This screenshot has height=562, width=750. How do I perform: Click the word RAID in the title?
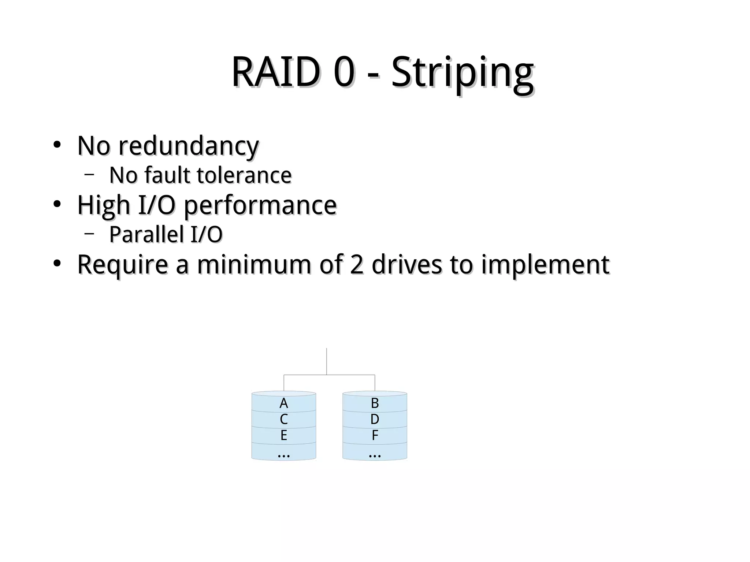click(275, 72)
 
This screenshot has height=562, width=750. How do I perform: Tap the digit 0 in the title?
click(344, 72)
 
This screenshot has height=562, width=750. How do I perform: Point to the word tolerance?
click(244, 175)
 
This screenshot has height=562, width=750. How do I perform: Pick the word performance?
click(260, 206)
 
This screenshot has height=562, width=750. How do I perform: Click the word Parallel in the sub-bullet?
click(146, 234)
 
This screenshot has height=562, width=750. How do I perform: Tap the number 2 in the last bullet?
click(356, 264)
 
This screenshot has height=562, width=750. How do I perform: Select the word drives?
click(406, 264)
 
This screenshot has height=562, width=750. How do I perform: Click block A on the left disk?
click(283, 403)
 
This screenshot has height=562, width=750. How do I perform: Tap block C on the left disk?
click(283, 419)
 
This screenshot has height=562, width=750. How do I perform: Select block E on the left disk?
click(283, 435)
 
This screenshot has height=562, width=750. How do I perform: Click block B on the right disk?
click(375, 403)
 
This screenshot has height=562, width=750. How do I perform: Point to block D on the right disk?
click(375, 419)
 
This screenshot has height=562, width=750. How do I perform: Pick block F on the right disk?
click(375, 435)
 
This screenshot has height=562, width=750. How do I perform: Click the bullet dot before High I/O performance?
click(57, 205)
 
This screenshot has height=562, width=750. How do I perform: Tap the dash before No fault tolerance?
click(89, 175)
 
